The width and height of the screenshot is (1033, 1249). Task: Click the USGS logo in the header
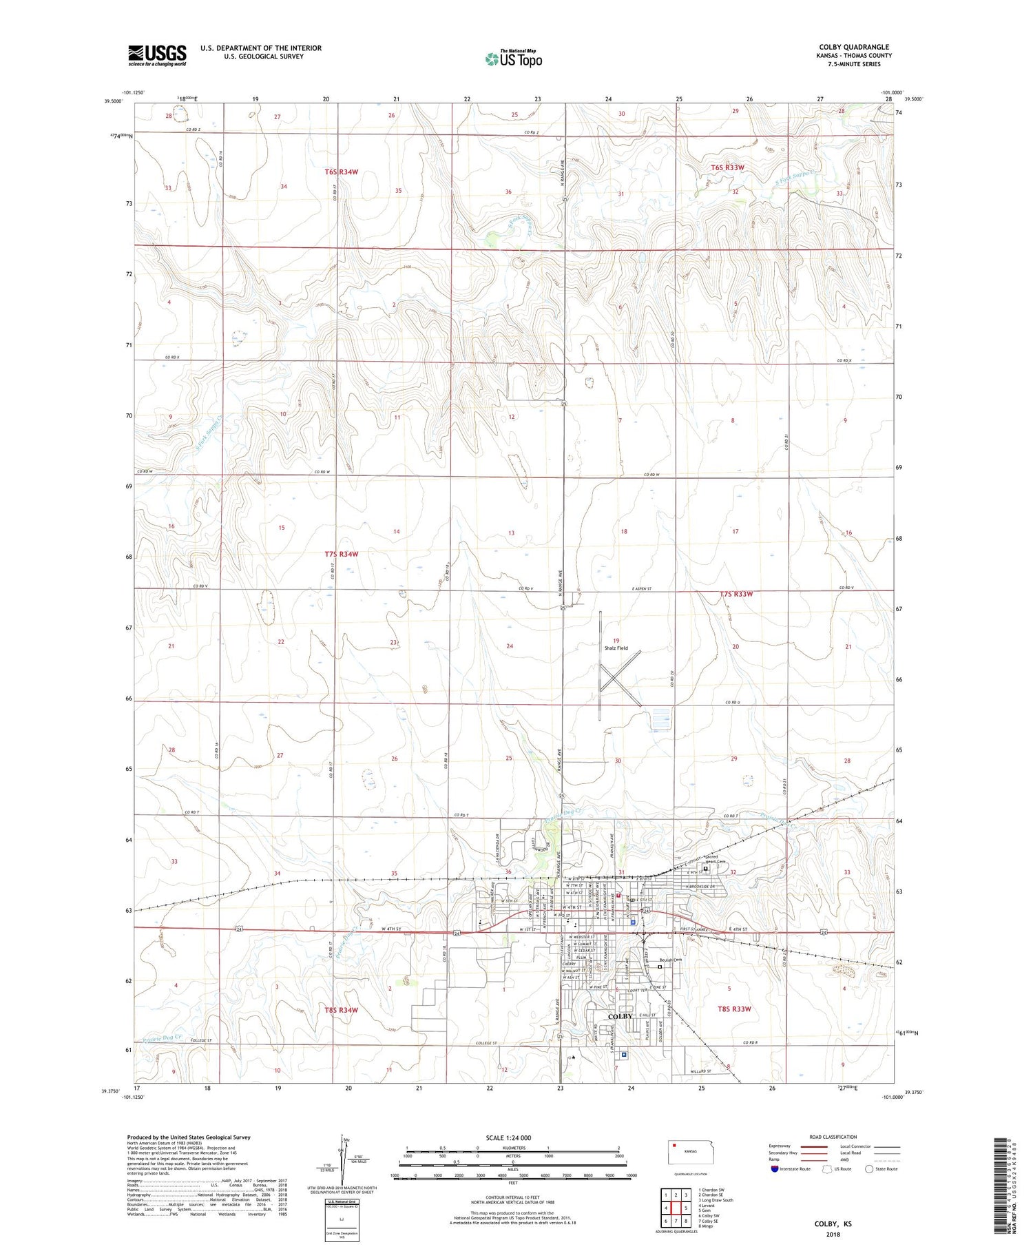[x=157, y=55]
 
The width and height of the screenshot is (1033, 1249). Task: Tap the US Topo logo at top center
[x=513, y=59]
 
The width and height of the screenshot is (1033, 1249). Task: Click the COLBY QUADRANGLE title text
[x=852, y=47]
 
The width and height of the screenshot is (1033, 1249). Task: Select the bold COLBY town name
[x=620, y=1016]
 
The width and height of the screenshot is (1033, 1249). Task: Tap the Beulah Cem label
[x=670, y=960]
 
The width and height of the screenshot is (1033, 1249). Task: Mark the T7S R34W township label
[x=342, y=554]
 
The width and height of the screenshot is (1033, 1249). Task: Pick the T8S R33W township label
[x=734, y=1009]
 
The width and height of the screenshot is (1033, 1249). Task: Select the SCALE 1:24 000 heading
[x=509, y=1137]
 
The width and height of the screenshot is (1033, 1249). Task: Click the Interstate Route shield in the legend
[x=775, y=1169]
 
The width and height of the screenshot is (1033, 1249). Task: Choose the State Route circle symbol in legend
[x=870, y=1169]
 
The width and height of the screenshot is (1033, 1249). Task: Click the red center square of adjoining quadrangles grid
[x=676, y=1208]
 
